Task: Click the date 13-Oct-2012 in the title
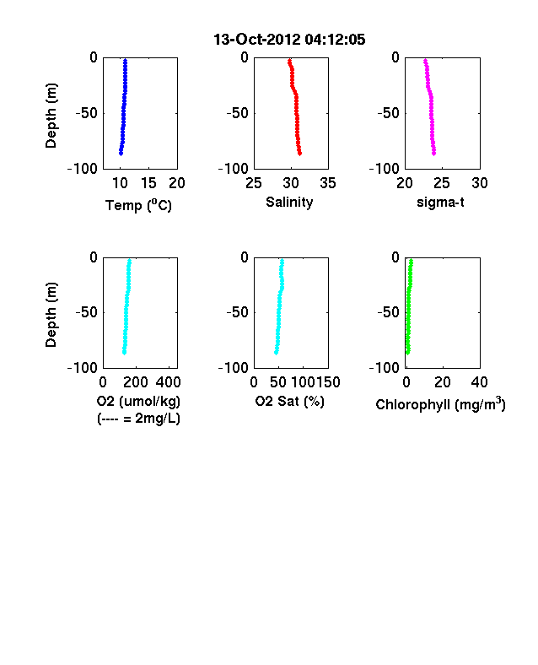pos(257,40)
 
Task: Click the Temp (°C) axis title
pos(138,205)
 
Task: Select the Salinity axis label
pos(289,202)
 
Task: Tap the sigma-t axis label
pos(440,203)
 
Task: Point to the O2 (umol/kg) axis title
pos(138,401)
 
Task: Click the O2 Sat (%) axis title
pos(289,401)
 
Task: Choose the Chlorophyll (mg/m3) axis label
pos(440,404)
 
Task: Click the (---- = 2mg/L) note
pos(138,419)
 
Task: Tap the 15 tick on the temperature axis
pos(148,183)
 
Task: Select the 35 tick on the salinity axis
pos(328,183)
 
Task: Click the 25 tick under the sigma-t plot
pos(442,183)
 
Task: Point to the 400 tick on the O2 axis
pos(168,382)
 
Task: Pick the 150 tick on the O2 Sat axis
pos(329,382)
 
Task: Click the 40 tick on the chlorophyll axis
pos(480,382)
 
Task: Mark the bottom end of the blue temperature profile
pos(121,154)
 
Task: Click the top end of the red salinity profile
pos(289,61)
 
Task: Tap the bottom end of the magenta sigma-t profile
pos(433,154)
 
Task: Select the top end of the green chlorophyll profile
pos(411,260)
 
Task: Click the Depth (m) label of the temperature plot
pos(51,116)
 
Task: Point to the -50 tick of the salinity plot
pos(237,113)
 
